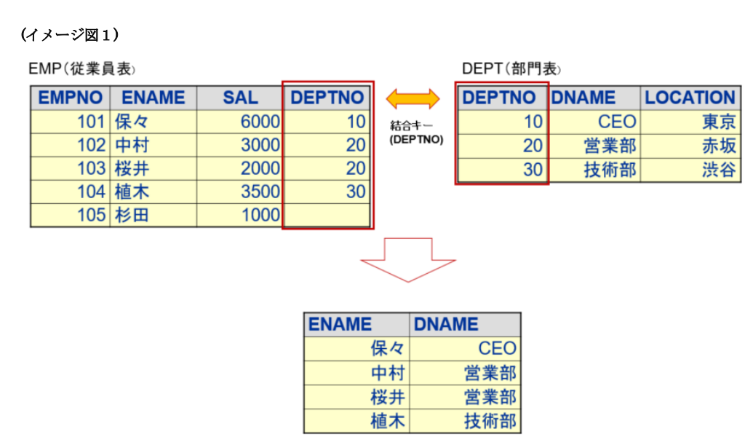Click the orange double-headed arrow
(413, 98)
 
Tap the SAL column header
(240, 98)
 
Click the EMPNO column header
(71, 98)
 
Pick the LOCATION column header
(690, 98)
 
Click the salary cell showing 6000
(240, 122)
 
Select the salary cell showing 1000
(240, 215)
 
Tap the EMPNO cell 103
(71, 168)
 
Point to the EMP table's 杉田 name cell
(153, 215)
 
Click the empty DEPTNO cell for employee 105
(327, 215)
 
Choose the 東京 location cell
(690, 122)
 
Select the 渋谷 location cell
(690, 170)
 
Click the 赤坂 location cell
(690, 146)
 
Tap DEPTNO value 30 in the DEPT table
(503, 170)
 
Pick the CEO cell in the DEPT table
(594, 122)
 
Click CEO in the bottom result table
(466, 348)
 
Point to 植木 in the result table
(357, 420)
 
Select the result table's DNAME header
(466, 324)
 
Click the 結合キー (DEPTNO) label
(413, 132)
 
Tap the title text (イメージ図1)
(70, 34)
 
